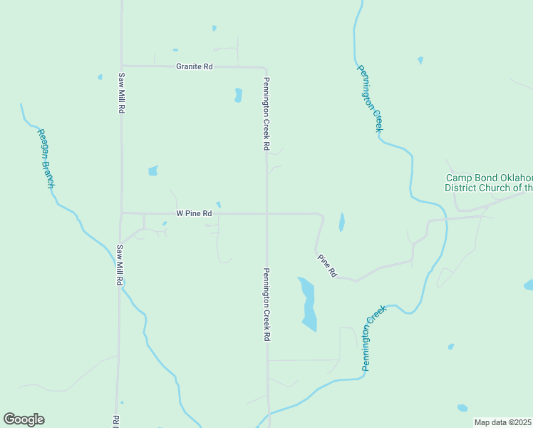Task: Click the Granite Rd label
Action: [x=194, y=66]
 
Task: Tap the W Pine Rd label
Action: [x=194, y=213]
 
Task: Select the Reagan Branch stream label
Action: [x=46, y=158]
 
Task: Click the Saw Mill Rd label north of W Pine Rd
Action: [x=122, y=93]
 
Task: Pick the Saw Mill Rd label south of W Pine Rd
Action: [x=120, y=265]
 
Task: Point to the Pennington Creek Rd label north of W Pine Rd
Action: [x=266, y=113]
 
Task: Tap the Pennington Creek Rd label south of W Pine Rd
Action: [x=266, y=303]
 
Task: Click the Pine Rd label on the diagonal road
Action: [x=327, y=266]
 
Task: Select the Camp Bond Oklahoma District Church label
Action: [x=489, y=183]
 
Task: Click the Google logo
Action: [x=24, y=419]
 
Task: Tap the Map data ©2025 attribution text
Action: [x=503, y=422]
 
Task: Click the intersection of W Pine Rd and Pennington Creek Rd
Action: [x=266, y=213]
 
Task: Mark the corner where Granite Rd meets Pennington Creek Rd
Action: [x=266, y=67]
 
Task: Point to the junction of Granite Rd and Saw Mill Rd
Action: [x=122, y=66]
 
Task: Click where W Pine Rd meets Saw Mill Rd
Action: [x=122, y=213]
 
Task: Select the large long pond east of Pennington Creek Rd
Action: [x=308, y=303]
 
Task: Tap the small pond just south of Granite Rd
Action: [x=238, y=95]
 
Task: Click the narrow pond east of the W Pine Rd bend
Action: [x=341, y=222]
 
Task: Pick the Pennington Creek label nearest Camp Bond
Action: [x=369, y=98]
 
